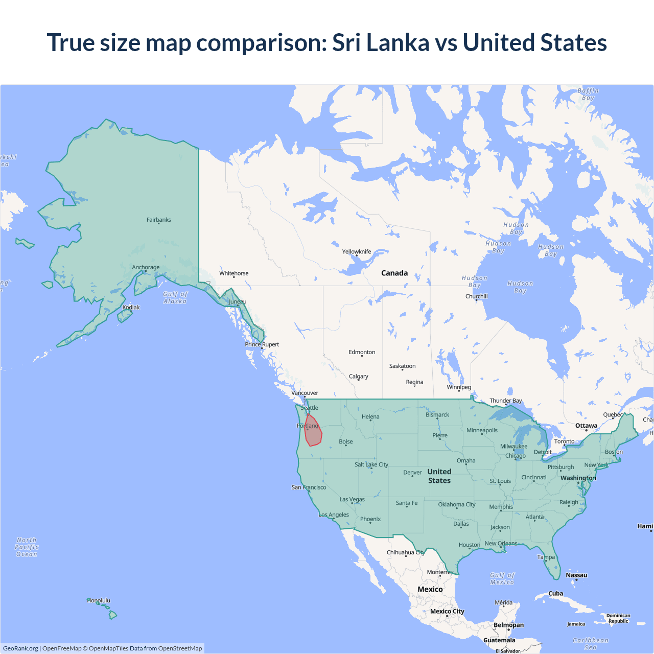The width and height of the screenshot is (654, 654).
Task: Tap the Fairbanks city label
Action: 158,220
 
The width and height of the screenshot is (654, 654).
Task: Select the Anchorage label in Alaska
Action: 146,267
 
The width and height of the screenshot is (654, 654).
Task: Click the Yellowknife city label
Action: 357,251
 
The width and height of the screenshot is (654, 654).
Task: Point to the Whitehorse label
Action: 234,273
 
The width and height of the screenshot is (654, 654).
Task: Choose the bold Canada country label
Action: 394,273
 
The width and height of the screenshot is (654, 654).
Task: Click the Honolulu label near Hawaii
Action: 99,600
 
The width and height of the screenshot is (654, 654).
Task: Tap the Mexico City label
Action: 447,611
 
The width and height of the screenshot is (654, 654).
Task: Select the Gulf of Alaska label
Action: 175,297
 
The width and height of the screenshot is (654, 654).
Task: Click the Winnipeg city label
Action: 459,387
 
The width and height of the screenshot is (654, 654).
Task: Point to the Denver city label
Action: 412,472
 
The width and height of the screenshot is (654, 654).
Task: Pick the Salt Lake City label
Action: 371,464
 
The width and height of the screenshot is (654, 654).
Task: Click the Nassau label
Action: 576,575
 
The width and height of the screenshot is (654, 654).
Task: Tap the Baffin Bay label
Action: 588,94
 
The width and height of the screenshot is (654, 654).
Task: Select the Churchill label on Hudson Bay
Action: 476,296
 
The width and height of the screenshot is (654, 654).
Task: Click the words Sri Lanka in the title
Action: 381,42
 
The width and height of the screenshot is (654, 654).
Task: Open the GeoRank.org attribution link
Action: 20,648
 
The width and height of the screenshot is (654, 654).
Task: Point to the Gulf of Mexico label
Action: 502,578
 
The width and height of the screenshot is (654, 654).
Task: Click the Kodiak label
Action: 131,307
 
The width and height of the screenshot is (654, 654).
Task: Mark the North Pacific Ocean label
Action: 27,547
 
